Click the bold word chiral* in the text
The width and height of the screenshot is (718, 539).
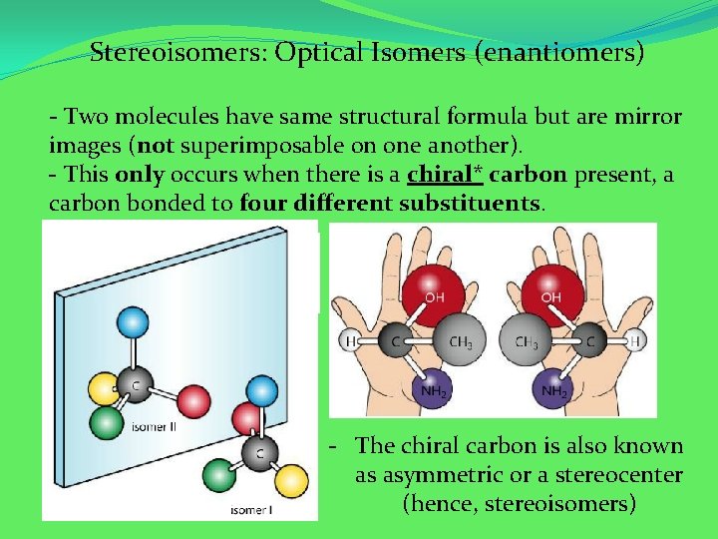coord(445,175)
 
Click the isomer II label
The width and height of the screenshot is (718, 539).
coord(155,427)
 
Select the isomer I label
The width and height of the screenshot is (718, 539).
coord(249,510)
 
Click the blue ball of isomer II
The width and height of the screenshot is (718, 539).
coord(132,322)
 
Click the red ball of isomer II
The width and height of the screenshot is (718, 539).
coord(193,400)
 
